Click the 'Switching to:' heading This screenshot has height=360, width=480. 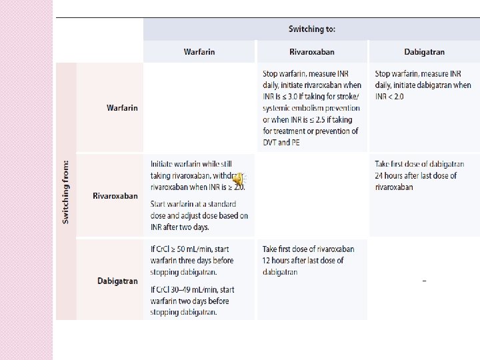(311, 29)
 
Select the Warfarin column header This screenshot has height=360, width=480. (199, 52)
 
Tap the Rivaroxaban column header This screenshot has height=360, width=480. (311, 52)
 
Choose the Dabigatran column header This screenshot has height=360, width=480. (424, 52)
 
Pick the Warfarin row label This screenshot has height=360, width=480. (122, 108)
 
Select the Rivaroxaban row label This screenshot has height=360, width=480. (115, 196)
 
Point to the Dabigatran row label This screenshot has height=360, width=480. (117, 281)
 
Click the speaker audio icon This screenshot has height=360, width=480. (239, 179)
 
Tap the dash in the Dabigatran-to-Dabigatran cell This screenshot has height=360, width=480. (424, 281)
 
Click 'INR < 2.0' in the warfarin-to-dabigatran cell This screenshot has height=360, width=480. (389, 97)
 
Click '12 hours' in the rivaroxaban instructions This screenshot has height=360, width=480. (279, 261)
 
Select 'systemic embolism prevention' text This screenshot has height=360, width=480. (311, 108)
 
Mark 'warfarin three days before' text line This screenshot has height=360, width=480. (192, 261)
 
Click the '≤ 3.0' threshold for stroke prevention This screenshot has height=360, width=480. (283, 97)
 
